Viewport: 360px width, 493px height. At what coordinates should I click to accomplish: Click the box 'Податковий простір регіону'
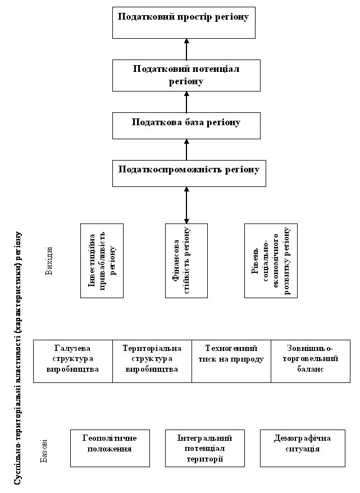click(184, 22)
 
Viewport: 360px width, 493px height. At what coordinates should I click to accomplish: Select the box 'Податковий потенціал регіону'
click(186, 75)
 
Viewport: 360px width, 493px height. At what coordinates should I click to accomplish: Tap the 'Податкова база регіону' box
click(186, 125)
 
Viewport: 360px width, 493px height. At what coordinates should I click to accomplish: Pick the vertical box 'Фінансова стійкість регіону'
click(186, 261)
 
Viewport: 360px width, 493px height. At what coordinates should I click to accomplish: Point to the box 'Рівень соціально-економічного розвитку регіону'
click(271, 261)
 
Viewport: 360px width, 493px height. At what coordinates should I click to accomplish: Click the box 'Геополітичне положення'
click(110, 448)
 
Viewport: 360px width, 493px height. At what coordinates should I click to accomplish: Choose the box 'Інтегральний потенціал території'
click(204, 448)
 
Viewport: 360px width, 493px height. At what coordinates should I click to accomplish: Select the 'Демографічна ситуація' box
click(303, 448)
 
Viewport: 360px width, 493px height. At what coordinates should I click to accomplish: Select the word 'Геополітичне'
click(110, 438)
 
